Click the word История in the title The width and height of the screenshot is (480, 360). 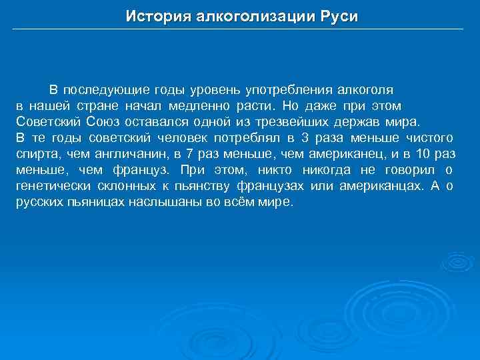157,17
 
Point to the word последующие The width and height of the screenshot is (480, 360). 105,90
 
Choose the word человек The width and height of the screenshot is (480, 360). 183,138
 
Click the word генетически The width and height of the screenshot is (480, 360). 51,186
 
